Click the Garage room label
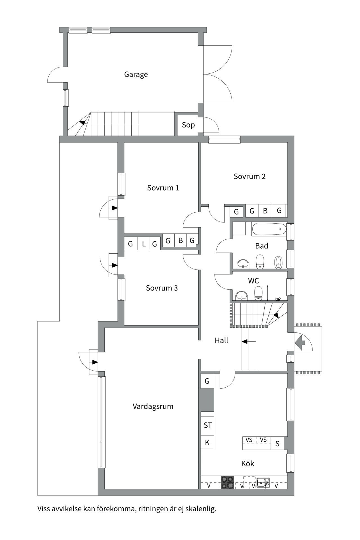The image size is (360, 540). coord(136,75)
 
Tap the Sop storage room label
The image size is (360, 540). coord(188,125)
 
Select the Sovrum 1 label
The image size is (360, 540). coord(163,188)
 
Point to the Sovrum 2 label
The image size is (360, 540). coord(249,177)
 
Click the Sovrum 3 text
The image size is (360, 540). coord(162,288)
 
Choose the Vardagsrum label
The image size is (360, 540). coord(153,406)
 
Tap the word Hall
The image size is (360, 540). coord(221,341)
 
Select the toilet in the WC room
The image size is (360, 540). coord(258,293)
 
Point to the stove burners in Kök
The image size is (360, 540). coord(227,482)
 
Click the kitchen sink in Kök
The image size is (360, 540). coord(263,483)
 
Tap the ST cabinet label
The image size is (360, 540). coord(208,425)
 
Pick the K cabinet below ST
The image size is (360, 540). coord(207,443)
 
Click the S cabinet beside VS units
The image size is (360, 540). coord(277,444)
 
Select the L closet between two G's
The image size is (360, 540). coord(144,244)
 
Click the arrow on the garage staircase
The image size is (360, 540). coord(82,123)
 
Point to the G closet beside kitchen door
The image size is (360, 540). coord(207,381)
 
